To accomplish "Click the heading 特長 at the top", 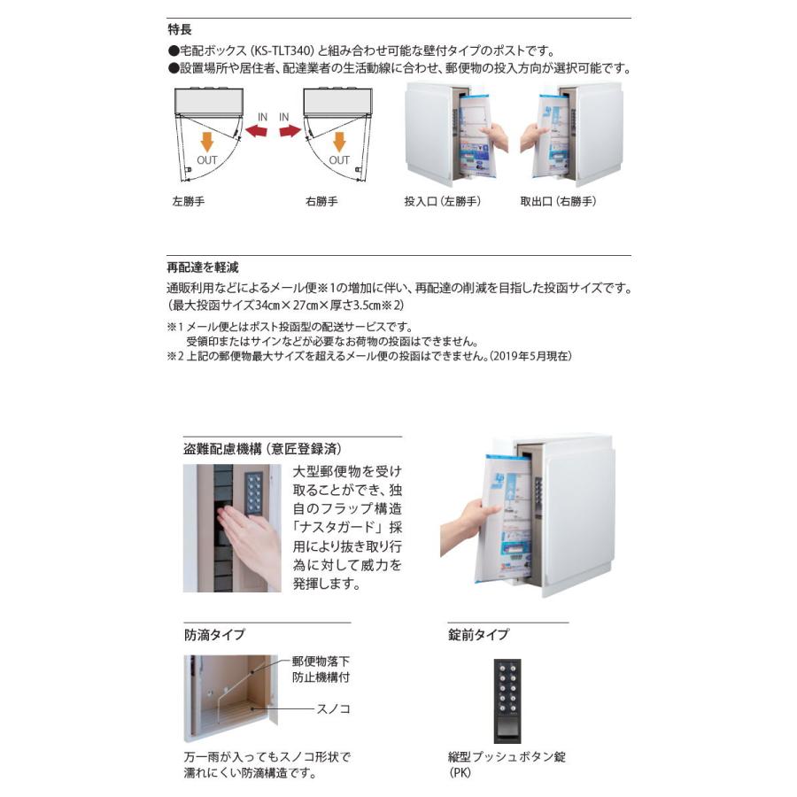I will pos(180,28).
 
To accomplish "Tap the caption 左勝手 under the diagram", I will pos(189,202).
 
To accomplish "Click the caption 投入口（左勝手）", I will pos(442,202).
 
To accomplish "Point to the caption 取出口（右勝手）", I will pos(559,202).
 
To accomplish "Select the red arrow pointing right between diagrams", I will pos(290,132).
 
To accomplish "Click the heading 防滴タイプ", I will pos(214,634).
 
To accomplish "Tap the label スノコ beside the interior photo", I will pos(334,709).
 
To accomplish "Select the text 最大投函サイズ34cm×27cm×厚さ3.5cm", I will pos(284,305).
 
